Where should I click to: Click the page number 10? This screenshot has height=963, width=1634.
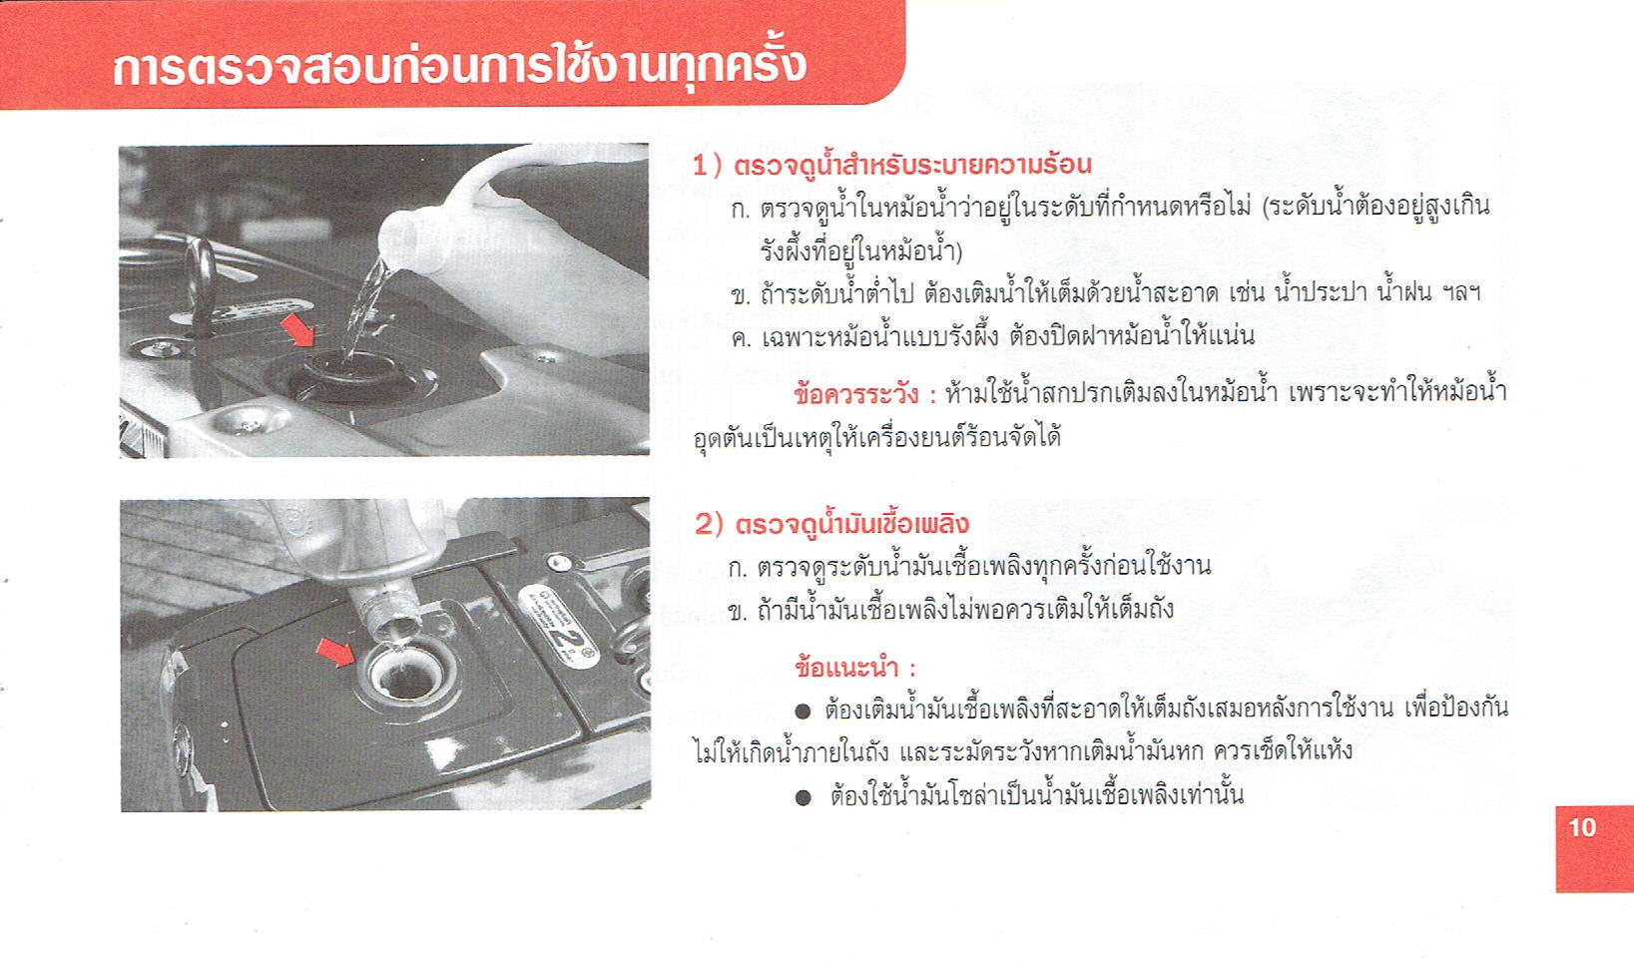[1582, 827]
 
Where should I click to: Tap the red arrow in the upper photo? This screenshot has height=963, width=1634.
[298, 329]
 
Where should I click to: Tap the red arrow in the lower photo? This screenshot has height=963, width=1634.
[336, 651]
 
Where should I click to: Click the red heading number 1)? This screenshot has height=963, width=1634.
[707, 166]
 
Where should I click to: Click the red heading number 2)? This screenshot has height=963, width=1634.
[709, 524]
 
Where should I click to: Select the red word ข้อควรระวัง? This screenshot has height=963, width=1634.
[855, 395]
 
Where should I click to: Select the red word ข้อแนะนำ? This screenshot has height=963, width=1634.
[846, 667]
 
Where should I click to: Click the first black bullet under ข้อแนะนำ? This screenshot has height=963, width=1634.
[803, 711]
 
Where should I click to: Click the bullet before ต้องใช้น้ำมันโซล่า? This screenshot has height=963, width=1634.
[803, 797]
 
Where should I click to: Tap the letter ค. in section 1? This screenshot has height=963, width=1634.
[741, 338]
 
